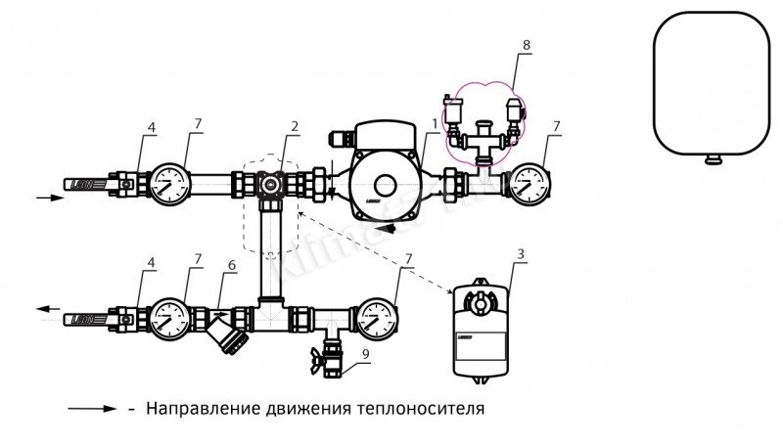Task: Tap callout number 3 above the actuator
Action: coord(520,256)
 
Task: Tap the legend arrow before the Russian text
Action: coord(93,407)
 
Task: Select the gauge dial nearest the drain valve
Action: coord(377,317)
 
